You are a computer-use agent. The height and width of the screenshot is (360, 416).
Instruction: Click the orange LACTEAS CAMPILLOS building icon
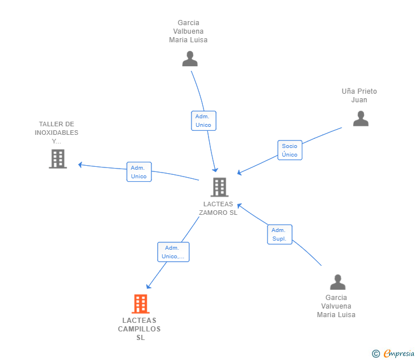click(141, 304)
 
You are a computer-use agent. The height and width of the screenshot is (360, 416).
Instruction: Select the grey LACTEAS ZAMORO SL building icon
click(219, 187)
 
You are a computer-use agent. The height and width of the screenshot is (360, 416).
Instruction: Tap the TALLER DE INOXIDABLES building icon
click(58, 159)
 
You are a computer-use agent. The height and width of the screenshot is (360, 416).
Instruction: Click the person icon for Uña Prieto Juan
click(361, 119)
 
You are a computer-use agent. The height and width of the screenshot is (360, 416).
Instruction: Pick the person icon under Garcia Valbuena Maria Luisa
click(190, 59)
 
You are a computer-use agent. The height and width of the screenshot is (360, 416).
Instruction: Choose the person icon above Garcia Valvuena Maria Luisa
click(338, 282)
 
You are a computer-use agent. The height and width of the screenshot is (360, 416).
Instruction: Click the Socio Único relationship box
click(290, 150)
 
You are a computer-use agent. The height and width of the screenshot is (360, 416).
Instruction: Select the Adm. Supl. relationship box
click(279, 234)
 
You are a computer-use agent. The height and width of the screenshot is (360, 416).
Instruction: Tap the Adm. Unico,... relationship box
click(173, 252)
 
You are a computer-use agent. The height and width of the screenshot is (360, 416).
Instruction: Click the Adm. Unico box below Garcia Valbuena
click(204, 121)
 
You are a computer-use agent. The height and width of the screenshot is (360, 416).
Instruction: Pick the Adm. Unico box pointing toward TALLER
click(139, 172)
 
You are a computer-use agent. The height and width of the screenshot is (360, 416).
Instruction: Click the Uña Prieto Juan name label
click(359, 95)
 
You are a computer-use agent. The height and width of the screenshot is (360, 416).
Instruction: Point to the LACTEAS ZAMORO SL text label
click(218, 208)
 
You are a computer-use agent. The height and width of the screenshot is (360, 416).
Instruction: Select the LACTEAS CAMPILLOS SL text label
click(139, 329)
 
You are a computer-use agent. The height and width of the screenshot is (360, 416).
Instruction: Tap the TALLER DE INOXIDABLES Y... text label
click(57, 133)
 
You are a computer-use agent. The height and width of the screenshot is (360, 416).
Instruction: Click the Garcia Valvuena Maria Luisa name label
click(336, 306)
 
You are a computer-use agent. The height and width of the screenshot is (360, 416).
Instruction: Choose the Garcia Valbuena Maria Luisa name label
click(189, 31)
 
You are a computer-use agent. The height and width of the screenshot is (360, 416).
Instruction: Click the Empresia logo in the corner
click(393, 354)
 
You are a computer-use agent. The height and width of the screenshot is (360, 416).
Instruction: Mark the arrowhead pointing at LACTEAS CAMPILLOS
click(149, 286)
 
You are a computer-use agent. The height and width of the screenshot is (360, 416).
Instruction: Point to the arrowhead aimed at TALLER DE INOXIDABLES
click(80, 165)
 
